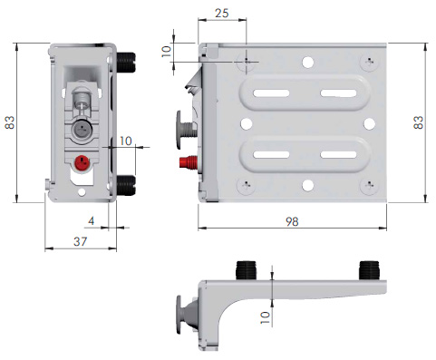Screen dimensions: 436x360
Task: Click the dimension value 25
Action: pyautogui.click(x=221, y=13)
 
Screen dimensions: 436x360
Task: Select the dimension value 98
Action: pyautogui.click(x=292, y=221)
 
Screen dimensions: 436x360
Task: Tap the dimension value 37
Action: pyautogui.click(x=80, y=241)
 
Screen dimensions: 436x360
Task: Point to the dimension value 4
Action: pyautogui.click(x=91, y=221)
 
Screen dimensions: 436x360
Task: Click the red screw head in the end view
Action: pyautogui.click(x=82, y=162)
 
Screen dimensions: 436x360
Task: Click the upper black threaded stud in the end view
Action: pyautogui.click(x=126, y=63)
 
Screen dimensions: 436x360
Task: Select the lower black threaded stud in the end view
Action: pyautogui.click(x=126, y=185)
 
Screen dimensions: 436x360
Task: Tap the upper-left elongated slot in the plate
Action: pyautogui.click(x=271, y=93)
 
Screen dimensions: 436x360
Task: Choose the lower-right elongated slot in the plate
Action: pyautogui.click(x=338, y=155)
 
